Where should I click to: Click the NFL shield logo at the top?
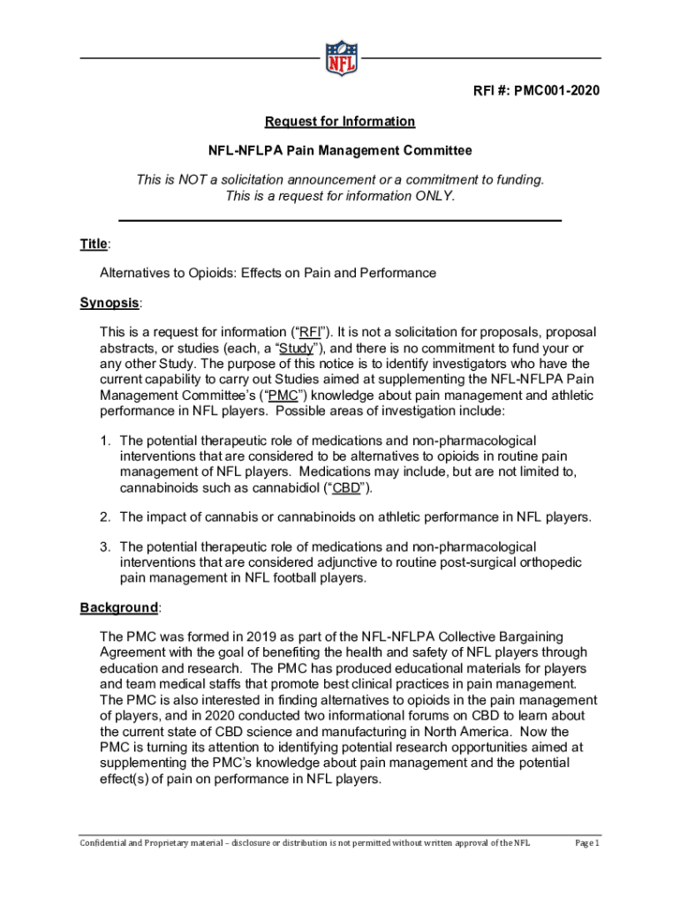pyautogui.click(x=341, y=57)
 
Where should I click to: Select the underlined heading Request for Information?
pyautogui.click(x=340, y=121)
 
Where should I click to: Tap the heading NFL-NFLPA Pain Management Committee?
pyautogui.click(x=340, y=151)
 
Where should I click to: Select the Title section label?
pyautogui.click(x=94, y=244)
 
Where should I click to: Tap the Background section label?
pyautogui.click(x=119, y=607)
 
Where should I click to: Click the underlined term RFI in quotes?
pyautogui.click(x=309, y=332)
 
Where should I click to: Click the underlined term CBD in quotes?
pyautogui.click(x=345, y=488)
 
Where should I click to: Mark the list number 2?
pyautogui.click(x=104, y=517)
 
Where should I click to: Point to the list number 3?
pyautogui.click(x=104, y=547)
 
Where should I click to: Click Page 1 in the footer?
pyautogui.click(x=587, y=843)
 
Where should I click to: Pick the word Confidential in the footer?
pyautogui.click(x=105, y=843)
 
